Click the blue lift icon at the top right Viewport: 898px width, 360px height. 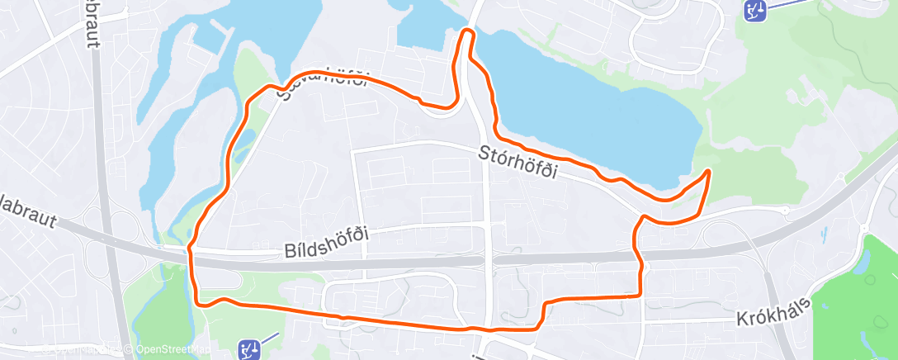(x=754, y=10)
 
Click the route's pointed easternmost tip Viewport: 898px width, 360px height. (x=709, y=171)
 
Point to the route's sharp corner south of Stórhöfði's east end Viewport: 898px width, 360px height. (x=642, y=218)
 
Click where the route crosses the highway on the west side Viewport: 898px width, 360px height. (x=191, y=252)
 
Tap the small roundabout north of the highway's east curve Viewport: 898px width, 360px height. (x=785, y=211)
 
